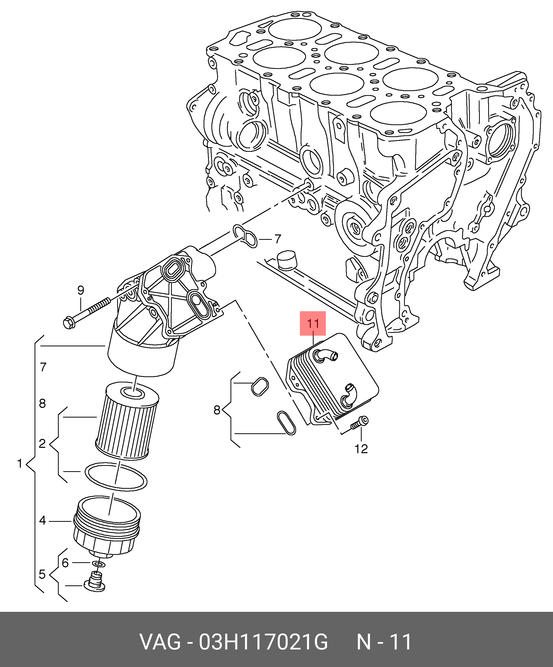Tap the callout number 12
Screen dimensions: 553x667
(x=361, y=449)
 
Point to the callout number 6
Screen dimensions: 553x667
(x=65, y=563)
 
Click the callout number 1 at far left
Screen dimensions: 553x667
(x=20, y=464)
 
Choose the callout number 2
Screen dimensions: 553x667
(x=42, y=443)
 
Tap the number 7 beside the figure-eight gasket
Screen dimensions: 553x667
(x=278, y=239)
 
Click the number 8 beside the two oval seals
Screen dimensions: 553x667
(x=217, y=410)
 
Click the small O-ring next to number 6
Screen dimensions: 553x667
(x=98, y=564)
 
